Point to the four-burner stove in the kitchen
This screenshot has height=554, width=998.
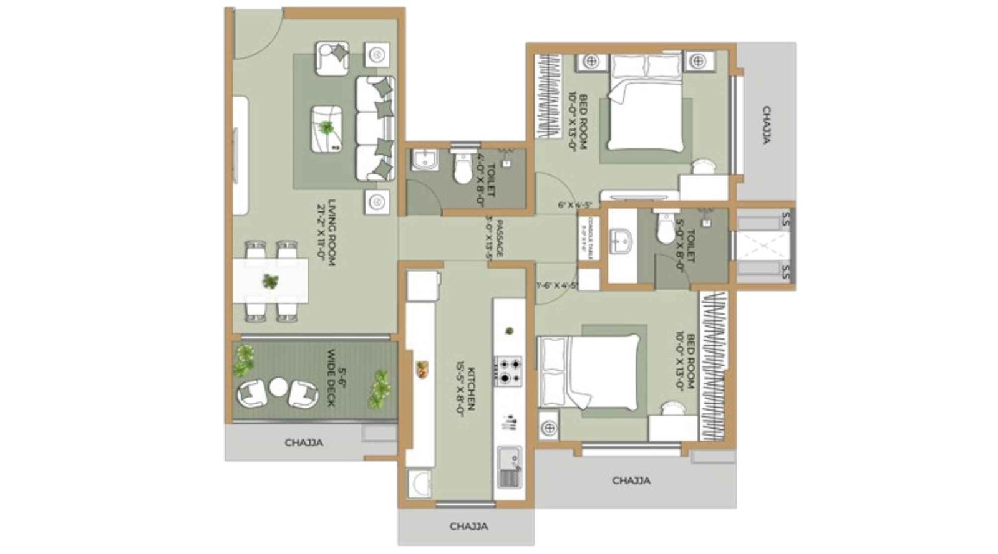pos(508,371)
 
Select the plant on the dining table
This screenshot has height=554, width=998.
pos(270,282)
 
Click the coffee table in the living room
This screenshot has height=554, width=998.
pos(327,128)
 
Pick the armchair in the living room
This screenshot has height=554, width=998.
pos(332,57)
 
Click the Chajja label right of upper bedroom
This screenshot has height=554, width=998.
pos(766,125)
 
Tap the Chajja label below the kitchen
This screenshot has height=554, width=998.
pos(468,527)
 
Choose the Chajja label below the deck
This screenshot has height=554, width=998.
pos(304,443)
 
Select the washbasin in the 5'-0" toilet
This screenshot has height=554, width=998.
pos(621,239)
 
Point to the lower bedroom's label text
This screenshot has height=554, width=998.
pos(684,361)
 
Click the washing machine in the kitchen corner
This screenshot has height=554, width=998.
pos(419,484)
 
